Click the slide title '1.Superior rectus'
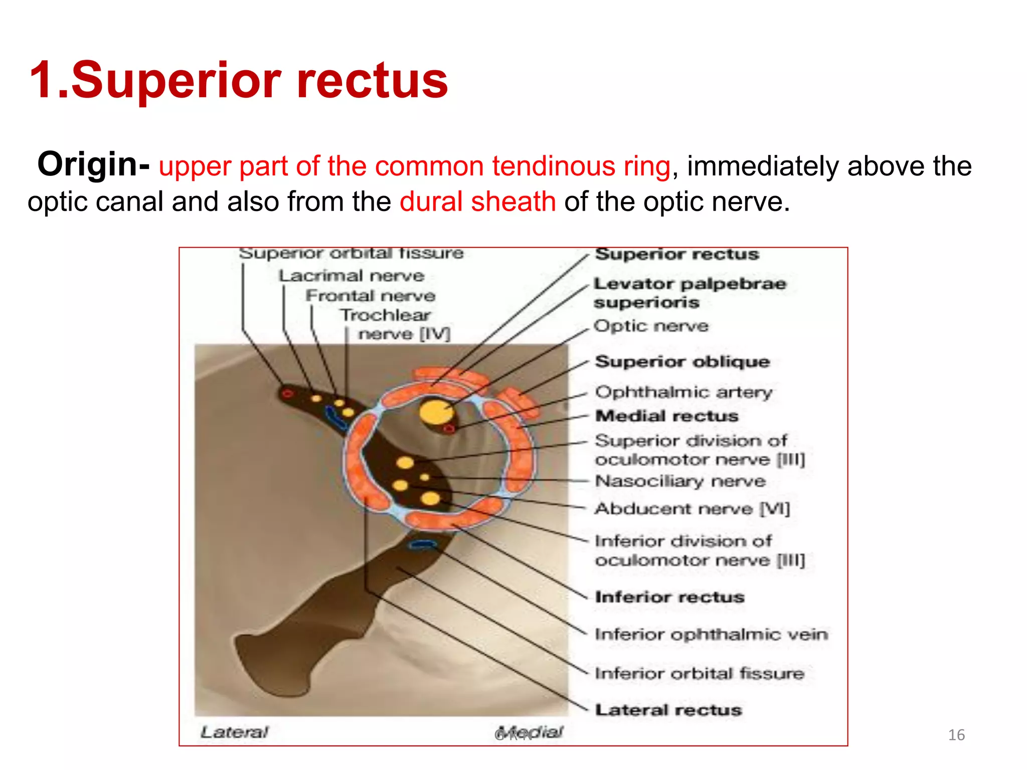tap(239, 80)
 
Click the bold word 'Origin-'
tap(93, 164)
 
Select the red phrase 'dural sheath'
tap(477, 202)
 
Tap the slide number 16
tap(956, 735)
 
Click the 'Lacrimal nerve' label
tap(351, 276)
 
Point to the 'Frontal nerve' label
tap(370, 296)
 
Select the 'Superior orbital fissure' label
tap(351, 253)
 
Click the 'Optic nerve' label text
tap(651, 326)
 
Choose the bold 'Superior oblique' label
tap(682, 361)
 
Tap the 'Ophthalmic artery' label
tap(683, 392)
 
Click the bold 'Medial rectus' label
tap(666, 416)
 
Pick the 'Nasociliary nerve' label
tap(680, 481)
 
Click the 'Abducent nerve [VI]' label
tap(692, 509)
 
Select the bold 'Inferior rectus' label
tap(669, 597)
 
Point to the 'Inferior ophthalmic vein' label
tap(711, 635)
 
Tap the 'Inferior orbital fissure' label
tap(699, 673)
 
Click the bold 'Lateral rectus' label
tap(668, 710)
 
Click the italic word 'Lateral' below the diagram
tap(234, 732)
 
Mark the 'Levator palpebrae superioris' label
tap(689, 293)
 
